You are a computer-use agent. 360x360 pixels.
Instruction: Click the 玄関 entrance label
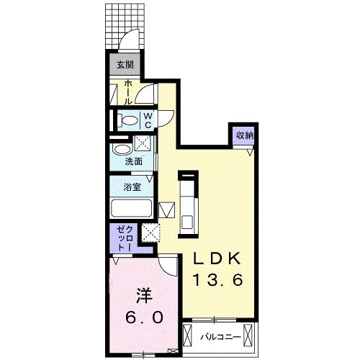(125, 65)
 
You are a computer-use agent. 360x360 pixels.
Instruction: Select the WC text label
(146, 120)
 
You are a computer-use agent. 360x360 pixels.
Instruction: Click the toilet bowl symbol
(127, 120)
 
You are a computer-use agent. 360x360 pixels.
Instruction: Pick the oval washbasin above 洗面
(120, 149)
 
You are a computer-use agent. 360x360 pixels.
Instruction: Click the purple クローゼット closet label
(120, 238)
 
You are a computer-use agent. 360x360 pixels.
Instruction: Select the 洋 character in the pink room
(143, 295)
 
